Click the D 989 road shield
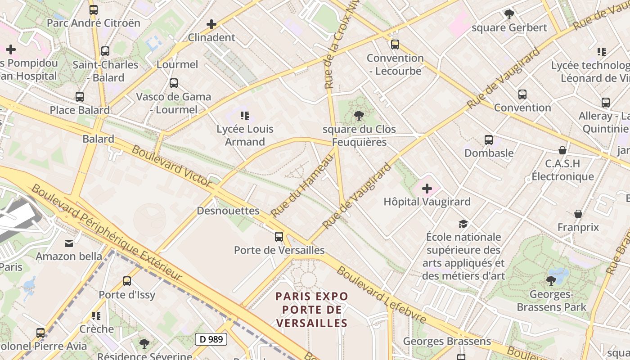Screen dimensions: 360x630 211,339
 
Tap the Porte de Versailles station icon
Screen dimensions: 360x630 279,236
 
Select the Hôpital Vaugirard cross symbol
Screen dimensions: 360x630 427,189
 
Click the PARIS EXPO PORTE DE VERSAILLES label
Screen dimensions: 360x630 312,310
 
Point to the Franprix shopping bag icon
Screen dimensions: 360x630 578,214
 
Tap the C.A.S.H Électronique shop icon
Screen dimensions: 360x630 562,150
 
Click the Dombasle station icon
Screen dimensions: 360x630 489,139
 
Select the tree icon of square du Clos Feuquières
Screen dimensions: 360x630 359,116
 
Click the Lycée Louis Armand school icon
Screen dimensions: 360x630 245,116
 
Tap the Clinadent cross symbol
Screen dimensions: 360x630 211,24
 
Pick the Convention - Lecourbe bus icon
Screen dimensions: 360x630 395,45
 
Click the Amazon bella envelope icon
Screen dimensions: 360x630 69,243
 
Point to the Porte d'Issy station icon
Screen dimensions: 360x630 127,281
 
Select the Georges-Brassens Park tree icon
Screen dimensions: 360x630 551,281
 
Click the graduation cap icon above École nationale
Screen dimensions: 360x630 463,224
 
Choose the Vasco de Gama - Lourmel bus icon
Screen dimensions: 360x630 173,83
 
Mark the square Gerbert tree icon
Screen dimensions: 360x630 509,14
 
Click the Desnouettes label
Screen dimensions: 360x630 228,211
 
